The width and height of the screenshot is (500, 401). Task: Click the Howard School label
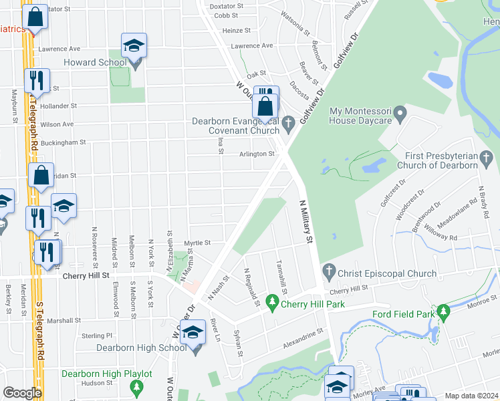pos(95,63)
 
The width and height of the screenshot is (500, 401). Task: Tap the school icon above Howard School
pos(134,45)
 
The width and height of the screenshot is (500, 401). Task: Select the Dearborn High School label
pos(141,348)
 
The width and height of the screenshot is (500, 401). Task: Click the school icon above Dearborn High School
pos(193,332)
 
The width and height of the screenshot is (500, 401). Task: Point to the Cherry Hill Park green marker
pos(272,303)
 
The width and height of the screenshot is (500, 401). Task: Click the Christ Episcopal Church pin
pos(328,273)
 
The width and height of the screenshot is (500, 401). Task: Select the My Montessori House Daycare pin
pos(400,114)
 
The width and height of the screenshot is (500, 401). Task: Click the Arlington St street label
pos(257,154)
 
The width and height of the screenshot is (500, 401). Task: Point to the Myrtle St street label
pos(197,243)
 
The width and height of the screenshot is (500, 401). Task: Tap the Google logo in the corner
pos(22,393)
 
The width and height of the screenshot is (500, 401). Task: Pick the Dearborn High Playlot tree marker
pos(137,387)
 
